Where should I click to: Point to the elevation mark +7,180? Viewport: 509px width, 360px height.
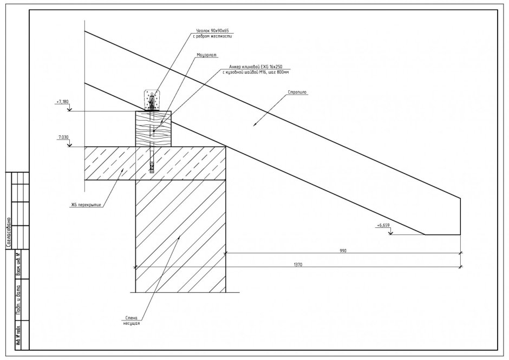click(63, 101)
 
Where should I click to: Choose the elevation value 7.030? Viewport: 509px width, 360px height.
click(63, 138)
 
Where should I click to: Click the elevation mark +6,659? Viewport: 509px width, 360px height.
click(382, 225)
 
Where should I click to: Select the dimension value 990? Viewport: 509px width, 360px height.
click(343, 251)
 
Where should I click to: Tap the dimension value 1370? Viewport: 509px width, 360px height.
click(297, 265)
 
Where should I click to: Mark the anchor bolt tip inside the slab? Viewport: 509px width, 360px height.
click(153, 169)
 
